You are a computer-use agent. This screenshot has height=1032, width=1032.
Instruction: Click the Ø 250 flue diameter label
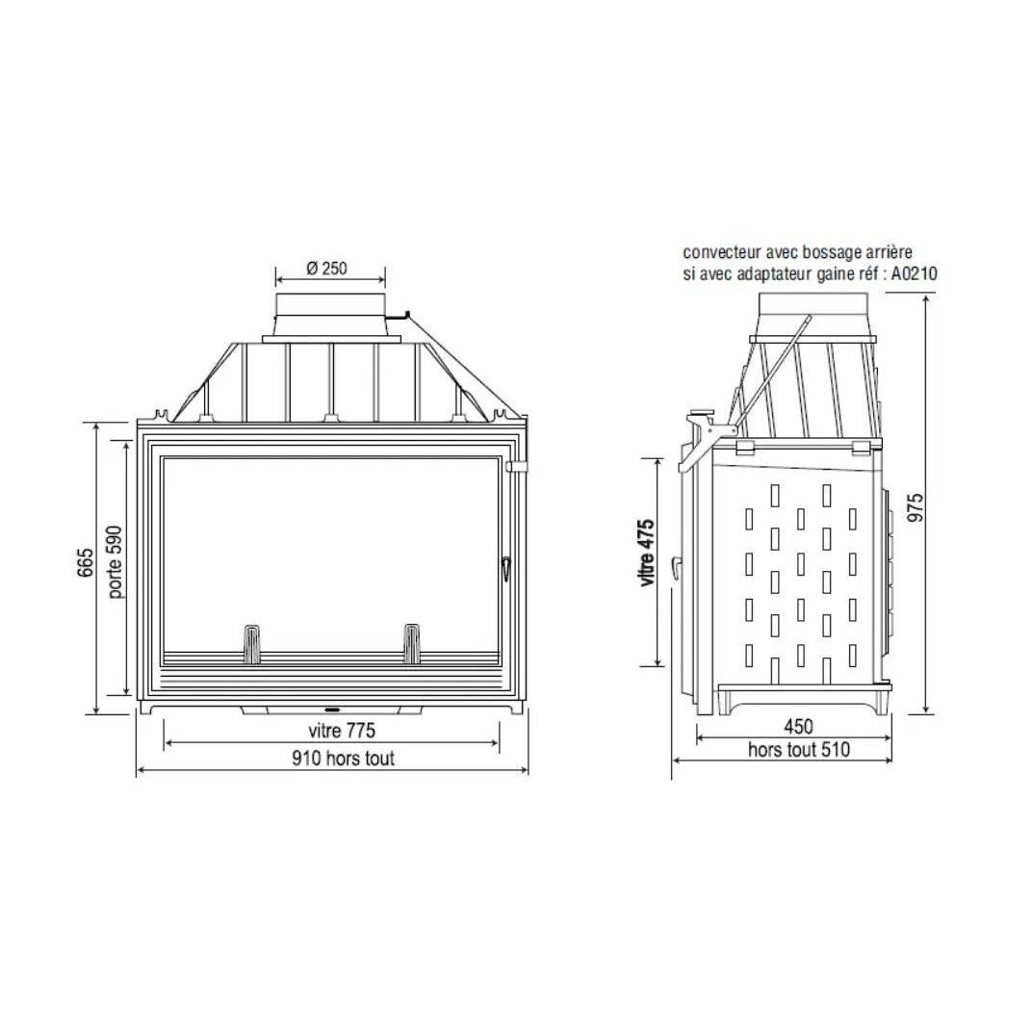pyautogui.click(x=327, y=268)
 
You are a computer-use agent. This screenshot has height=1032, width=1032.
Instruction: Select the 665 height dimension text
pyautogui.click(x=86, y=563)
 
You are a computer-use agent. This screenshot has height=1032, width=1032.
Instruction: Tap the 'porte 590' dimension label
pyautogui.click(x=115, y=562)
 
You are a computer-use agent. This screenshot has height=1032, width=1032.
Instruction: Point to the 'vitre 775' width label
pyautogui.click(x=342, y=731)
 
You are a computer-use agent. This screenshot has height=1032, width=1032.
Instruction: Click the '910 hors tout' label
pyautogui.click(x=344, y=759)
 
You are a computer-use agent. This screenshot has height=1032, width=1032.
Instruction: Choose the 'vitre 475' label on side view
pyautogui.click(x=646, y=553)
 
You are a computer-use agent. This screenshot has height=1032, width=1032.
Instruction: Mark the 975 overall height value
pyautogui.click(x=916, y=507)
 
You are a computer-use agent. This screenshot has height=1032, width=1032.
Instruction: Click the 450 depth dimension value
pyautogui.click(x=798, y=727)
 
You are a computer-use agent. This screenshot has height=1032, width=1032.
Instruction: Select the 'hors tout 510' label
pyautogui.click(x=799, y=750)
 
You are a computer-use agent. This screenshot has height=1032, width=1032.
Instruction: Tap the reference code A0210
pyautogui.click(x=915, y=273)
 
